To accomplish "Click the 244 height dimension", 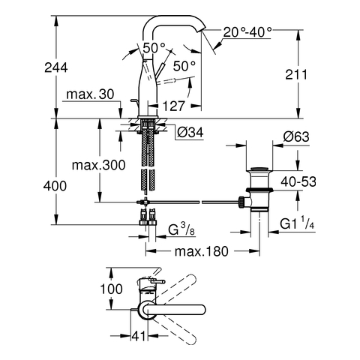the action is pyautogui.click(x=56, y=67).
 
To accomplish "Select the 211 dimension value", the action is pyautogui.click(x=296, y=74).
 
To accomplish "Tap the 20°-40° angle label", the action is pyautogui.click(x=247, y=32).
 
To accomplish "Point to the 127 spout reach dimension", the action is pyautogui.click(x=173, y=106).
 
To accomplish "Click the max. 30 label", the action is pyautogui.click(x=90, y=94).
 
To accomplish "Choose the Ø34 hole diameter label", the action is pyautogui.click(x=190, y=133).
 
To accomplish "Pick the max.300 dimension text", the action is pyautogui.click(x=98, y=165).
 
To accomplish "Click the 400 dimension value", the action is pyautogui.click(x=55, y=186).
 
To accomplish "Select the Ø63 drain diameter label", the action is pyautogui.click(x=296, y=136).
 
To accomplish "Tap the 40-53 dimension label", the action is pyautogui.click(x=298, y=181).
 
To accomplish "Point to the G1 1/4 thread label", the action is pyautogui.click(x=297, y=223).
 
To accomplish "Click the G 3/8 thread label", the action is pyautogui.click(x=181, y=229).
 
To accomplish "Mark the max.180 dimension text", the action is pyautogui.click(x=202, y=251).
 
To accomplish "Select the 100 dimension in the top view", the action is pyautogui.click(x=111, y=289).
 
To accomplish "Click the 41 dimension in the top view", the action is pyautogui.click(x=138, y=336).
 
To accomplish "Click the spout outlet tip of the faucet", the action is pyautogui.click(x=202, y=30).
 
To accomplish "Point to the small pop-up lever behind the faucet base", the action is pyautogui.click(x=134, y=103).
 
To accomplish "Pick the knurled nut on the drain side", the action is pyautogui.click(x=241, y=202).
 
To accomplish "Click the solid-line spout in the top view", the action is pyautogui.click(x=172, y=310).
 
